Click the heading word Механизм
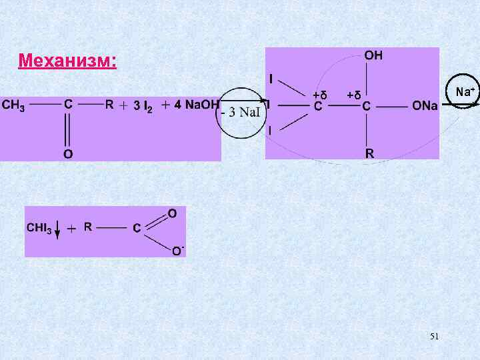tap(67, 62)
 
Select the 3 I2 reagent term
tap(143, 106)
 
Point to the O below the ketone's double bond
tap(68, 154)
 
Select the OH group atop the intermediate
tap(373, 56)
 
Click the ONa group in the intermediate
tap(425, 105)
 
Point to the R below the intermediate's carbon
tap(369, 153)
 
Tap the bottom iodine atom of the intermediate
tap(270, 131)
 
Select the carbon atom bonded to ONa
tap(367, 106)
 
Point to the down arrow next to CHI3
tap(57, 230)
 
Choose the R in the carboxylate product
tap(87, 227)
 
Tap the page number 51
tap(434, 337)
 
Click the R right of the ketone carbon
tap(109, 105)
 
